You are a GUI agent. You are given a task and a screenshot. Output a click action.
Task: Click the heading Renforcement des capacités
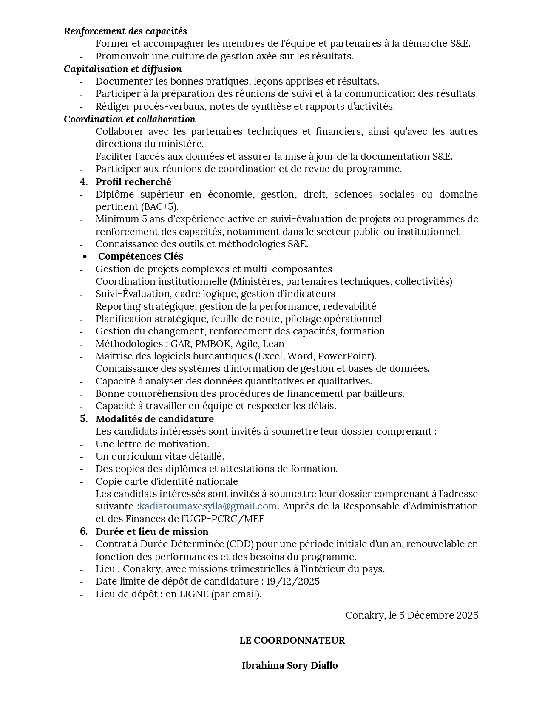(x=125, y=31)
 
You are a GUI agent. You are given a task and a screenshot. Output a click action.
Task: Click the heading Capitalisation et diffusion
(x=123, y=69)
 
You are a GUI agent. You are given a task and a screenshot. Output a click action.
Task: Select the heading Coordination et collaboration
(x=130, y=119)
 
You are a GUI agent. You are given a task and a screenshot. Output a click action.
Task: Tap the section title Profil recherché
(x=133, y=182)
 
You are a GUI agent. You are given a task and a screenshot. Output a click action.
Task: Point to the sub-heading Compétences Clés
(x=141, y=257)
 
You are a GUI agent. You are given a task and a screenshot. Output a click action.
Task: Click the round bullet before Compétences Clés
(x=85, y=257)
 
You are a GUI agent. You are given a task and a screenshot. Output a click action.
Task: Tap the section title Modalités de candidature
(x=155, y=419)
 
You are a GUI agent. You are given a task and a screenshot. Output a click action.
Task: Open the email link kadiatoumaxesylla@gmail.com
(x=208, y=506)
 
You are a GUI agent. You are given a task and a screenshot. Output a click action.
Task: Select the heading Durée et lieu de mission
(x=152, y=531)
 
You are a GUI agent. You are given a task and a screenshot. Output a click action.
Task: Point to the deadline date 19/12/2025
(x=293, y=582)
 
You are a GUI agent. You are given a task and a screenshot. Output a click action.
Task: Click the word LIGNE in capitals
(x=194, y=594)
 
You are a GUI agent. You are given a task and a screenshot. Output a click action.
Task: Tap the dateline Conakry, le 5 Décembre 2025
(x=411, y=615)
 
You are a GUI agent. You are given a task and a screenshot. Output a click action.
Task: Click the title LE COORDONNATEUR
(x=292, y=640)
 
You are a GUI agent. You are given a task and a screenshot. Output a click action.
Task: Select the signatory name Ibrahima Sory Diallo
(x=290, y=665)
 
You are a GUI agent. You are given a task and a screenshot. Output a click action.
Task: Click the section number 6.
(x=83, y=531)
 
